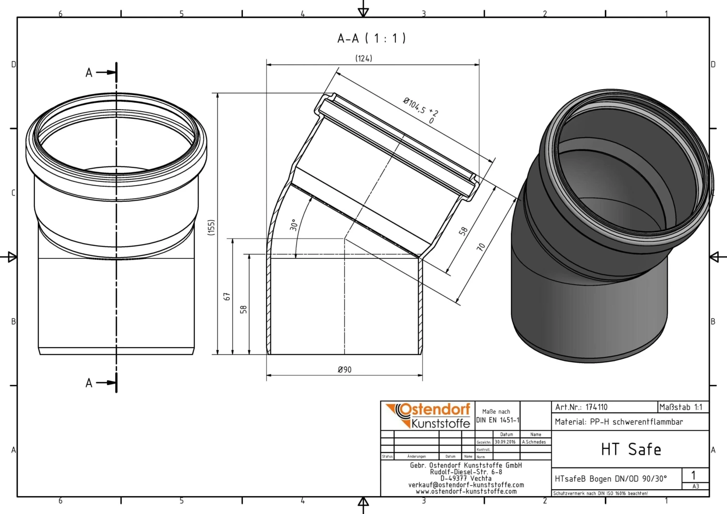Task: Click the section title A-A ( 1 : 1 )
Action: pyautogui.click(x=371, y=38)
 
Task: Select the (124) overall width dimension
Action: pyautogui.click(x=363, y=58)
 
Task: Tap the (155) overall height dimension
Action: pyautogui.click(x=211, y=227)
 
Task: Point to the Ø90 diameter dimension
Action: pyautogui.click(x=345, y=369)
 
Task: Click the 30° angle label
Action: pyautogui.click(x=294, y=225)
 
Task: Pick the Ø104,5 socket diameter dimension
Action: pyautogui.click(x=420, y=110)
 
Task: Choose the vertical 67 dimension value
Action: pyautogui.click(x=227, y=296)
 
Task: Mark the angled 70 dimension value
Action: pyautogui.click(x=481, y=247)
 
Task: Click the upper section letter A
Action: pyautogui.click(x=89, y=73)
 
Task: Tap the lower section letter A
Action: pyautogui.click(x=89, y=383)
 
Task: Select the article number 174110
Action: pyautogui.click(x=596, y=407)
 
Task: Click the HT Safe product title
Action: pyautogui.click(x=631, y=450)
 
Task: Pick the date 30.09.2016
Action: pyautogui.click(x=505, y=442)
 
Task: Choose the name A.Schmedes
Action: pyautogui.click(x=534, y=442)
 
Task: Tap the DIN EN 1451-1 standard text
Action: pyautogui.click(x=497, y=420)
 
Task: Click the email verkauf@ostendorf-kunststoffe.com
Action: pyautogui.click(x=466, y=485)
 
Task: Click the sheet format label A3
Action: pyautogui.click(x=695, y=486)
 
